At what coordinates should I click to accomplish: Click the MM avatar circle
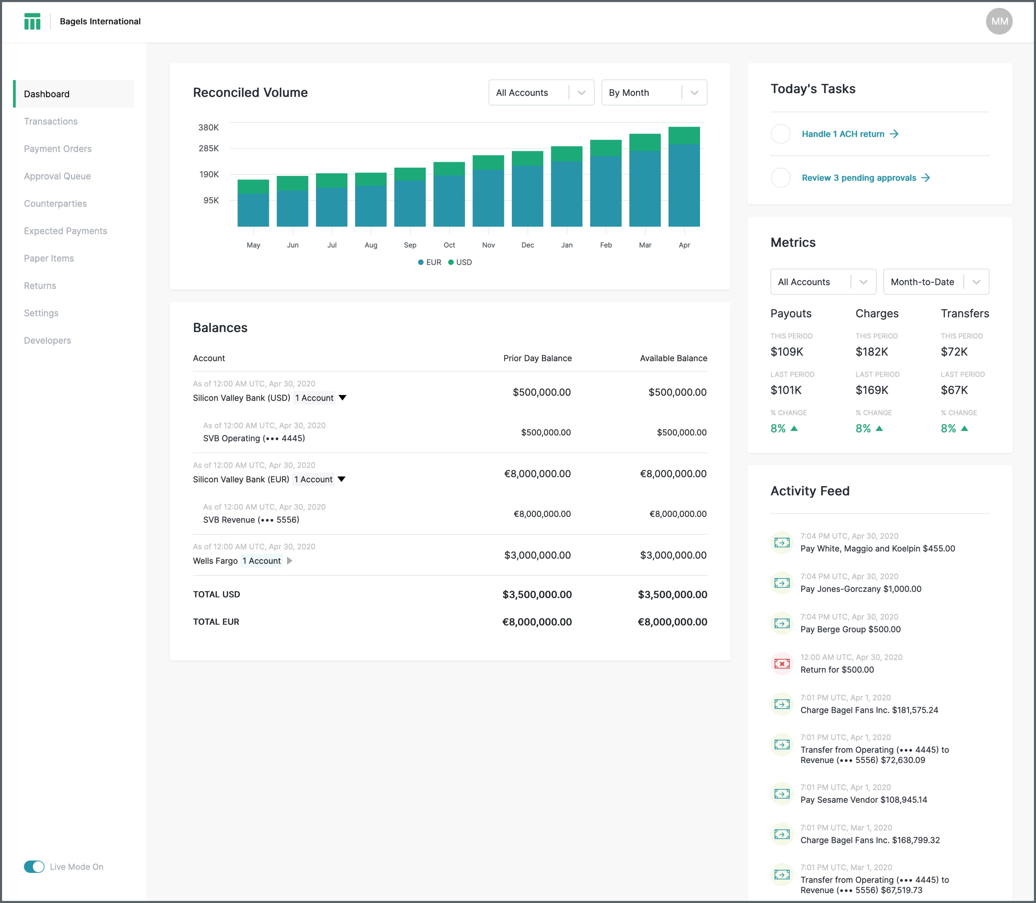[999, 21]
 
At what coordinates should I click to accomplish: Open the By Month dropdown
[654, 93]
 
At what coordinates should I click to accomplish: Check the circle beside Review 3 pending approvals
[781, 178]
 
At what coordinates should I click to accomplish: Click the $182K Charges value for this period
[871, 352]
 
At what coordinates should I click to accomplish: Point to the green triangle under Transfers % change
[964, 428]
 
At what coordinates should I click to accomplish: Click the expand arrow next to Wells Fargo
[290, 561]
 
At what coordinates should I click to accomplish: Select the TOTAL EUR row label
[216, 622]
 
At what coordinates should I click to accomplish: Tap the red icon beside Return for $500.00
[782, 664]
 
